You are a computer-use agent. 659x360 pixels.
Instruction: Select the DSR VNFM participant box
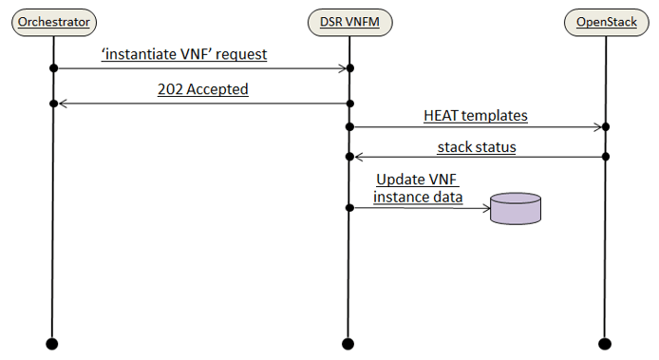348,21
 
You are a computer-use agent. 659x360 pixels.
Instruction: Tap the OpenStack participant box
604,21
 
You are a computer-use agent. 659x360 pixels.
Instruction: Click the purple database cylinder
516,208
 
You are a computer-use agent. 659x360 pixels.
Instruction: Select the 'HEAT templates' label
475,115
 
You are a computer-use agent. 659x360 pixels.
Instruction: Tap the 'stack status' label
477,146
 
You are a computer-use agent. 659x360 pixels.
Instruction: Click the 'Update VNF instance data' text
418,188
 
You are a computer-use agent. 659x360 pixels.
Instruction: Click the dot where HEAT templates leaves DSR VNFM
349,126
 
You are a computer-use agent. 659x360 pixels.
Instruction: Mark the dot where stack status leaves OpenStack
604,157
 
